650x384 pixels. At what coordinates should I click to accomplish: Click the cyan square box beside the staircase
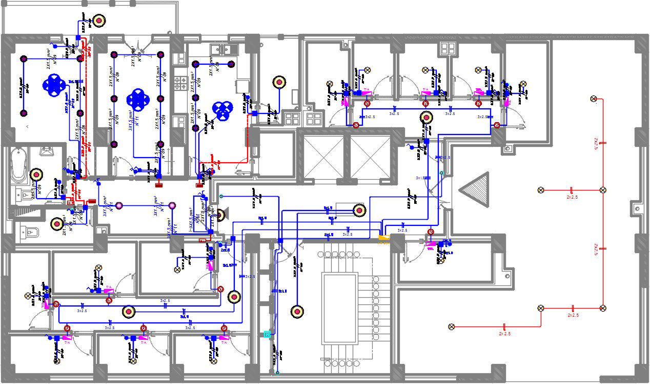tap(267, 334)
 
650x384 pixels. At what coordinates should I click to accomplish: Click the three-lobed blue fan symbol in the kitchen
tap(222, 110)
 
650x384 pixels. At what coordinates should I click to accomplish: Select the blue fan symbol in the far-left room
tap(54, 86)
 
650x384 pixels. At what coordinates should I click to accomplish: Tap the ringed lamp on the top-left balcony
tap(99, 21)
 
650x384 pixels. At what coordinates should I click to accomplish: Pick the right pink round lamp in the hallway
tap(172, 206)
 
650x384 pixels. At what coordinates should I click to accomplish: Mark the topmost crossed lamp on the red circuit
tap(594, 99)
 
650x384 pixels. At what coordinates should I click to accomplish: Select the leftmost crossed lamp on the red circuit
tap(452, 327)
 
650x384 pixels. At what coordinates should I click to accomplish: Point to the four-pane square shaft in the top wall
tap(448, 48)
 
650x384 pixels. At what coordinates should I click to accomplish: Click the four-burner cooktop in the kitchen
tap(180, 81)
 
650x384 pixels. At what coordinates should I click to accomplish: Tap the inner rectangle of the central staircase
tap(339, 308)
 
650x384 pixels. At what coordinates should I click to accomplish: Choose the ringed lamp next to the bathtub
tap(35, 175)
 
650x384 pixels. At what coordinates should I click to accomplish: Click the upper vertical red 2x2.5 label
tap(596, 143)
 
